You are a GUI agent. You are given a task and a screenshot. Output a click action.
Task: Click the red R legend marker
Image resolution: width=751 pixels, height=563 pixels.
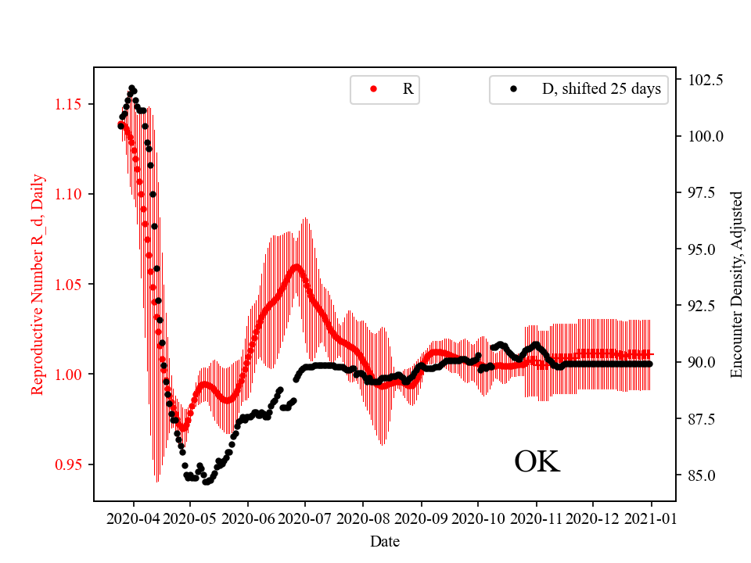(x=373, y=89)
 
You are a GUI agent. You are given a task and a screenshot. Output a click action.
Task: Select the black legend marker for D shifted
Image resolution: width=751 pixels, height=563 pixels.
(x=513, y=89)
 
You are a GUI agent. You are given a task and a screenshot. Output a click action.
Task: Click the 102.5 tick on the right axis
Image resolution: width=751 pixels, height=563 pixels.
(x=706, y=80)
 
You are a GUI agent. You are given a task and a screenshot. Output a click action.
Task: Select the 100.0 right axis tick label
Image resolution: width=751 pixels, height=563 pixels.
(x=706, y=136)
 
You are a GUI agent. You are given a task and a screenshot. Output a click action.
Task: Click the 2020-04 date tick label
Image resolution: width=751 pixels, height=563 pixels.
(x=133, y=518)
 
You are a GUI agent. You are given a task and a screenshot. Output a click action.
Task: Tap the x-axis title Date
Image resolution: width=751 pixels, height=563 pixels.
(x=385, y=540)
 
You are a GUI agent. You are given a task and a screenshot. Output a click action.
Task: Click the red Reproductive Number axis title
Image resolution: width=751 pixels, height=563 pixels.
(x=37, y=284)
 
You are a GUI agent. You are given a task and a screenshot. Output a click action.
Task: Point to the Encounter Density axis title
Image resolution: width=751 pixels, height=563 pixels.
(x=735, y=284)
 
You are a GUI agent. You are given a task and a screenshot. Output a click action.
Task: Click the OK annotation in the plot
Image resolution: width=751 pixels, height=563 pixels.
(x=537, y=462)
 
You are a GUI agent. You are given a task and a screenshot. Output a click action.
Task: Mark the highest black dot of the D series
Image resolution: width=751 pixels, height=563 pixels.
(x=131, y=88)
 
